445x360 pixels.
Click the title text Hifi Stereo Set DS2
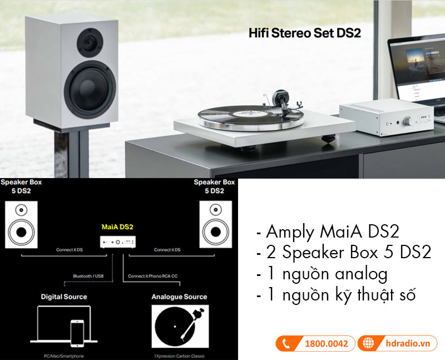(x=304, y=33)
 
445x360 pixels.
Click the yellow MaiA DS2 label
(x=118, y=226)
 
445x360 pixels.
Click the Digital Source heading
(x=63, y=297)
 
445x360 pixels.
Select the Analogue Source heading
(x=179, y=297)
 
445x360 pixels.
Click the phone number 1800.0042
(x=327, y=343)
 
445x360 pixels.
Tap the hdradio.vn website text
(x=407, y=343)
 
